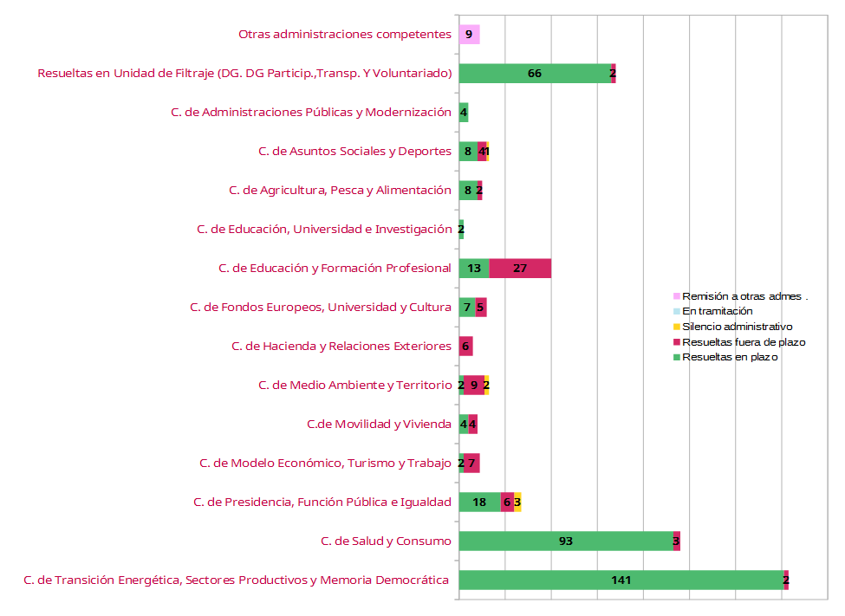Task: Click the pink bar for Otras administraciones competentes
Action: point(469,35)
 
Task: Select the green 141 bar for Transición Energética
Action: point(621,580)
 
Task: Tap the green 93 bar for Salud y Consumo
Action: point(565,541)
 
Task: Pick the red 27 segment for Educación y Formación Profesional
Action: point(520,269)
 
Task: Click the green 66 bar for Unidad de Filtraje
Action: point(534,74)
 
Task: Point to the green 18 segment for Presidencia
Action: point(479,502)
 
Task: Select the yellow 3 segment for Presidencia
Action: point(517,502)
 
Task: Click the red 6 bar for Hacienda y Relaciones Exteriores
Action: point(465,347)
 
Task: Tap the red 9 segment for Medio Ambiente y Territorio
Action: point(474,386)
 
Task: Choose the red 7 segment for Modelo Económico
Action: point(471,463)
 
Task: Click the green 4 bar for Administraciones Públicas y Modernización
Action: point(464,113)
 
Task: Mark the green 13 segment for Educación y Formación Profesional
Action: point(474,269)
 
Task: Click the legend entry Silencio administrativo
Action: point(737,327)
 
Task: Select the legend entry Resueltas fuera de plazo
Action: point(743,342)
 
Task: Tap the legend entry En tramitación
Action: point(717,311)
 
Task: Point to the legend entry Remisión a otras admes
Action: point(744,296)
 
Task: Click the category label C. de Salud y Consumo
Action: point(386,541)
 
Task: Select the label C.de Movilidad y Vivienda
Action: point(379,425)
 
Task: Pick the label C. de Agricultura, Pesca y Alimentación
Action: point(340,191)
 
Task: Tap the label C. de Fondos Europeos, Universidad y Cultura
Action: point(320,308)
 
